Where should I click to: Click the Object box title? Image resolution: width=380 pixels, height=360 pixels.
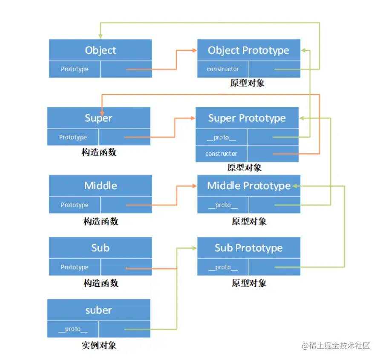click(x=101, y=50)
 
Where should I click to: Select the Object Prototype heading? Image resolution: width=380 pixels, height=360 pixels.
click(x=248, y=50)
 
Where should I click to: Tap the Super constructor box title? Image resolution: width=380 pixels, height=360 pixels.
click(x=98, y=118)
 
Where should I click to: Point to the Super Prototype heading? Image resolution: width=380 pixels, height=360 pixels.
click(x=247, y=118)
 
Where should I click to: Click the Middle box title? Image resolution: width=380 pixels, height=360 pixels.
click(x=101, y=186)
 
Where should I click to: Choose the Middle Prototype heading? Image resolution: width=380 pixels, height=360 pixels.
click(x=248, y=186)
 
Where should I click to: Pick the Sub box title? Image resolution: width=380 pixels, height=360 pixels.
click(x=101, y=248)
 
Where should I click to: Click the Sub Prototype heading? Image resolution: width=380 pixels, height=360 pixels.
click(x=248, y=248)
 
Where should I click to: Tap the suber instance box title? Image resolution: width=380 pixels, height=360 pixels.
click(x=98, y=310)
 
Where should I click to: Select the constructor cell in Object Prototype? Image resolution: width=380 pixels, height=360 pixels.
click(x=223, y=69)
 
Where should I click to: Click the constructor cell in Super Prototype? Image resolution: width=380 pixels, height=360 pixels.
click(x=221, y=154)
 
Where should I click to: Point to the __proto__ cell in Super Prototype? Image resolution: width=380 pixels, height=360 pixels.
click(x=221, y=137)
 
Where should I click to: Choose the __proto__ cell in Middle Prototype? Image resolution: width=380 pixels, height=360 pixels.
click(x=223, y=205)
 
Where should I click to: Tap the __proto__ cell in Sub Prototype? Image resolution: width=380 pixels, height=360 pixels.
click(x=223, y=267)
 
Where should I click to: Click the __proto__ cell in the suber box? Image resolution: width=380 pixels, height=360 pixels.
click(x=73, y=329)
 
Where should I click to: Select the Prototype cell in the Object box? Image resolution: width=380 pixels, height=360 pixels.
click(x=75, y=69)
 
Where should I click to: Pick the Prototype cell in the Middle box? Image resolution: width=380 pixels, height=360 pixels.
click(x=75, y=205)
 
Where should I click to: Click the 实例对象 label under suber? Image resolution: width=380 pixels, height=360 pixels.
click(x=98, y=345)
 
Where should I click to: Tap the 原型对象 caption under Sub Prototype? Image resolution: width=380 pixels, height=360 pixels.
click(x=249, y=283)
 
